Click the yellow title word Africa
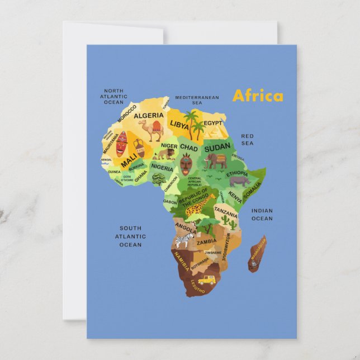point(258,96)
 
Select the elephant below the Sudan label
point(216,161)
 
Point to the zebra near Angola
point(183,240)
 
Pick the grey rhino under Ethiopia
point(239,181)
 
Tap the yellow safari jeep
point(206,279)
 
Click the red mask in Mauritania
point(121,144)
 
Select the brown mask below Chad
point(186,164)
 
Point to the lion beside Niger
point(165,153)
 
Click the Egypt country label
point(212,123)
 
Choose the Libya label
point(179,124)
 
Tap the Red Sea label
point(247,139)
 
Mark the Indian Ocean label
point(262,214)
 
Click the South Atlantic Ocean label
point(130,236)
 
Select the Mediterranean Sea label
point(197,100)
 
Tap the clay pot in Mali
point(139,148)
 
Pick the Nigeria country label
point(162,167)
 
